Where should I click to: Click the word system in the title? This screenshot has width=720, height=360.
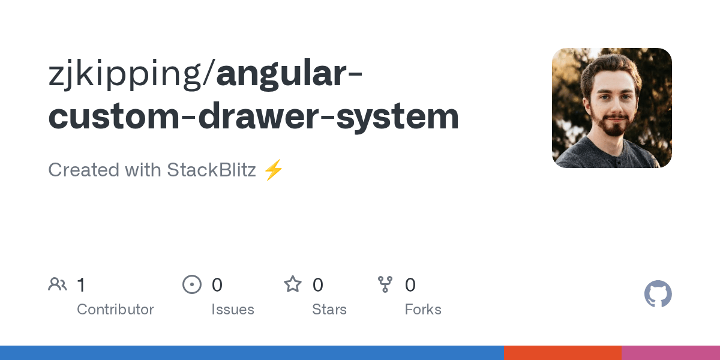coord(397,118)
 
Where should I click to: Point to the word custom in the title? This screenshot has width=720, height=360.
coord(112,116)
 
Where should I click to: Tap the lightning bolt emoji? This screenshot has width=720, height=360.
coord(273,170)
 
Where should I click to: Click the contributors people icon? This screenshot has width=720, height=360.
coord(58,284)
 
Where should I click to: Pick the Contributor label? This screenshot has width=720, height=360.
coord(115,310)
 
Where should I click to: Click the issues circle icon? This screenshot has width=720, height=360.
coord(192,284)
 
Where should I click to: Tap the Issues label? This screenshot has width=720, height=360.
coord(233,310)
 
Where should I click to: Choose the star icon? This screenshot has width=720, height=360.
coord(293,284)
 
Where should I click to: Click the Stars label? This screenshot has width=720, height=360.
coord(329,310)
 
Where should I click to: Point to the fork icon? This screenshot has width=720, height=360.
coord(385,284)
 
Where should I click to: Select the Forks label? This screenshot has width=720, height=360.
coord(423,310)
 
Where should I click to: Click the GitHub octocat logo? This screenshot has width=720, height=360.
coord(658,294)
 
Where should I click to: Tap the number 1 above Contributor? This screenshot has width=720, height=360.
coord(81,285)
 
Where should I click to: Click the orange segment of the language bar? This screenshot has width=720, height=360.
coord(562,353)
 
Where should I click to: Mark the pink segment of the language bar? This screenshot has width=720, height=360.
coord(670,353)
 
